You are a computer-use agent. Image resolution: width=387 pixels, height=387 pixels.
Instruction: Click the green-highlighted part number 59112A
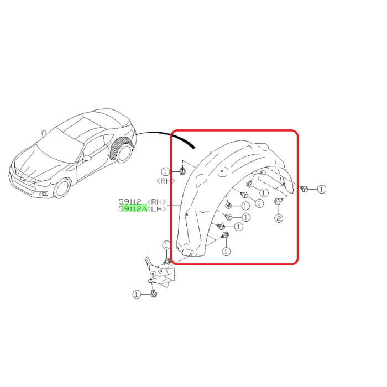click(133, 208)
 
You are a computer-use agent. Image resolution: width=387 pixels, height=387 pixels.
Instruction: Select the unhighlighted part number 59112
click(130, 202)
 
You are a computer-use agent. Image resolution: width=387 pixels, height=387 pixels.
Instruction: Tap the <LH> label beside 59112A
click(156, 209)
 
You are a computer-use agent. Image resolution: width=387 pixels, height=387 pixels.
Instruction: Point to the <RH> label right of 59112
click(156, 202)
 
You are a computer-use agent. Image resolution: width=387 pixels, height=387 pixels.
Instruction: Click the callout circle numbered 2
click(279, 218)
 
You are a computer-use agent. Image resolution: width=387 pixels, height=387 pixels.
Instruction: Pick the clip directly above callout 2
click(279, 201)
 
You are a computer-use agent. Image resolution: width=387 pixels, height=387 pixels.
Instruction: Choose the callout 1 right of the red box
click(321, 189)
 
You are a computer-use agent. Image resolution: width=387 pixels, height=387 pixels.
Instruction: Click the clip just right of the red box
click(304, 189)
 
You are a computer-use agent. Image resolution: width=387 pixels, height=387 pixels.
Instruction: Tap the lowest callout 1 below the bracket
click(137, 294)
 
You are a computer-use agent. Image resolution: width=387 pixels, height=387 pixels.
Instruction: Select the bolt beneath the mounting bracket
click(154, 294)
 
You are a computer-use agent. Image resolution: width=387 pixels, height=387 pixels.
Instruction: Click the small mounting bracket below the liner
click(160, 272)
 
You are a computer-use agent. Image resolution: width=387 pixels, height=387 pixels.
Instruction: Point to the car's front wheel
click(62, 189)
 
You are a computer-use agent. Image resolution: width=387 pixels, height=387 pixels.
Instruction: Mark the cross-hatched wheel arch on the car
click(118, 147)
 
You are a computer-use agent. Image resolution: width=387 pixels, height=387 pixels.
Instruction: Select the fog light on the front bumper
click(44, 193)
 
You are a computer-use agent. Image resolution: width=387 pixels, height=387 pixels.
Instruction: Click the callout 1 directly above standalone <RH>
click(165, 171)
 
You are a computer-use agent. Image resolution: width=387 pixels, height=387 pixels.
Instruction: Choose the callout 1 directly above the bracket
click(166, 245)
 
